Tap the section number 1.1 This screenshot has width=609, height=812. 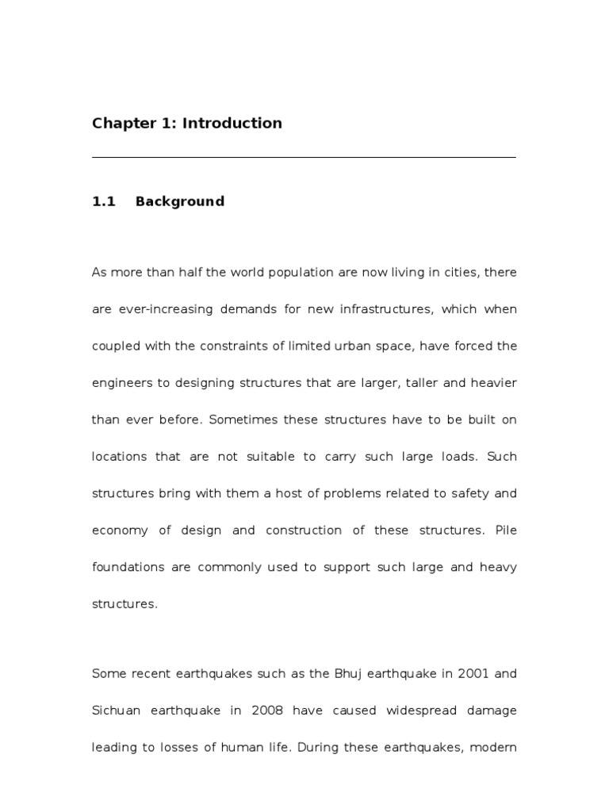tap(104, 201)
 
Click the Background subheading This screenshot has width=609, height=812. tap(180, 201)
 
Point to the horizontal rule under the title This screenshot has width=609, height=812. tap(304, 158)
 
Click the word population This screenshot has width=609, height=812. tap(274, 273)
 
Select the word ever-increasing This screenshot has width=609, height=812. tap(154, 309)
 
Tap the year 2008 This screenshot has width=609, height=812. tap(266, 710)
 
